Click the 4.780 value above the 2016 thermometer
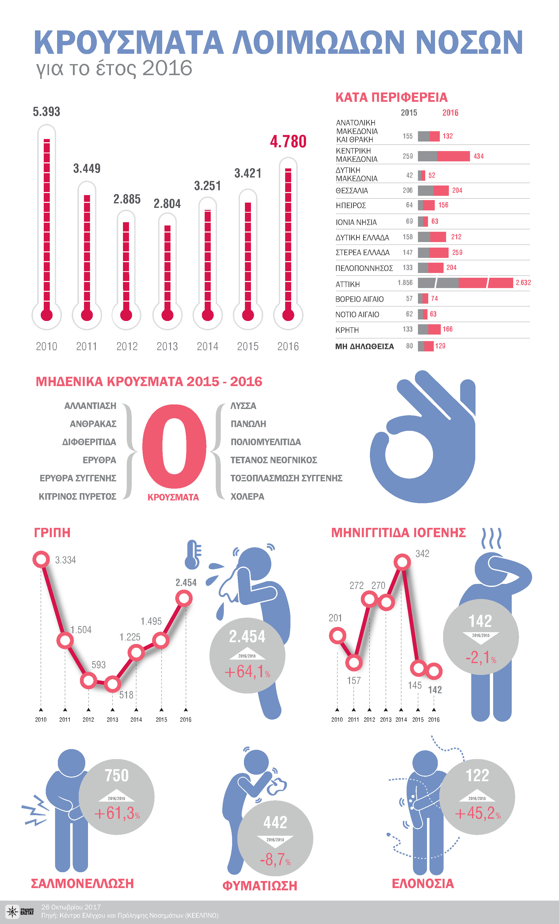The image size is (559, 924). click(288, 141)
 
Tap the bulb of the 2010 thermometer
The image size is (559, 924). click(47, 315)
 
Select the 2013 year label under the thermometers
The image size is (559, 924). click(167, 346)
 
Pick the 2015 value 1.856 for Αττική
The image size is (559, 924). click(405, 283)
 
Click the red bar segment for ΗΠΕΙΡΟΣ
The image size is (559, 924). click(429, 205)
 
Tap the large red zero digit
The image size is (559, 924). click(174, 446)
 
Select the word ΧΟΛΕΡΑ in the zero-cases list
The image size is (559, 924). click(247, 496)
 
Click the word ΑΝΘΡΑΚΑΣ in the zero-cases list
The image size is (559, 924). click(93, 424)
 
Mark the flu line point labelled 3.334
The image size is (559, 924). click(41, 559)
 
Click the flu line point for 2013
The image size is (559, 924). click(112, 684)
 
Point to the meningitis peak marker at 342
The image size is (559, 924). click(402, 562)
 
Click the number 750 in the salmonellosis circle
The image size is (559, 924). click(117, 775)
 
